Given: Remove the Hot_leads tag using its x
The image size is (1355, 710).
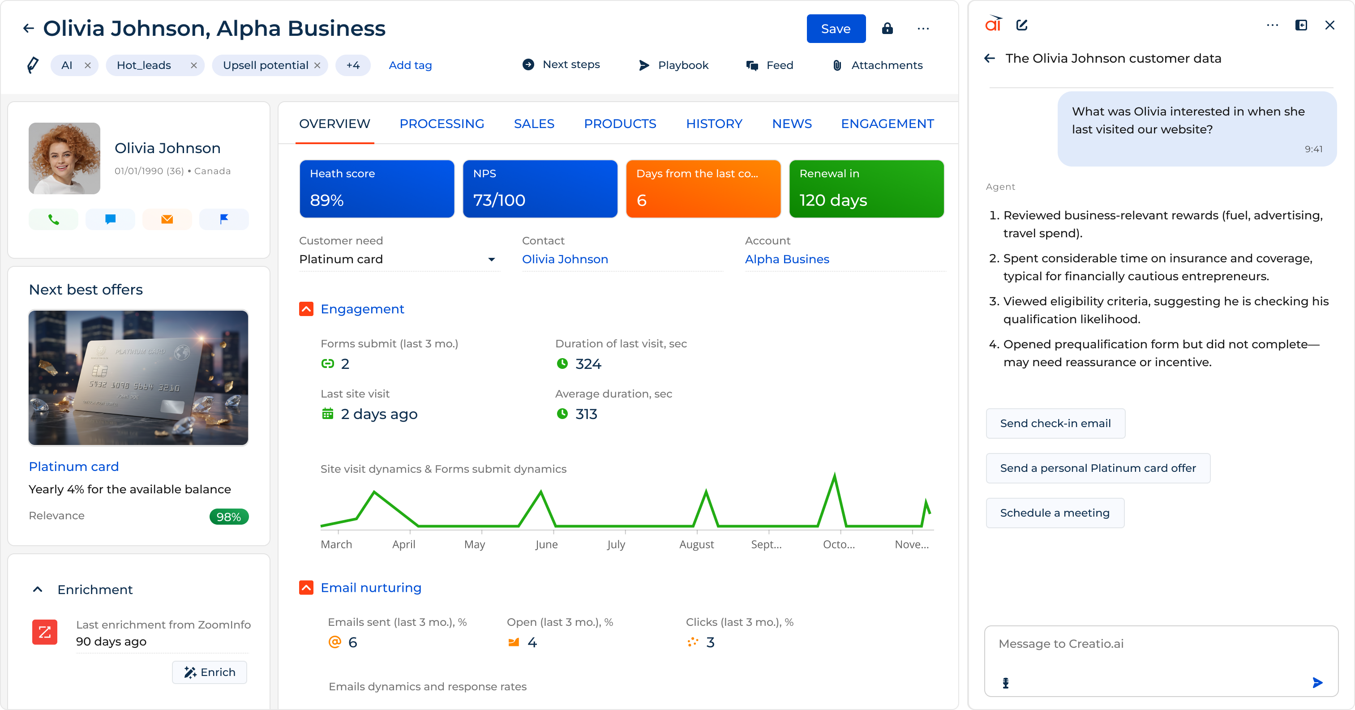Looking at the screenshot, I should coord(193,65).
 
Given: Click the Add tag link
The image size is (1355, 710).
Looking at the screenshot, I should coord(410,65).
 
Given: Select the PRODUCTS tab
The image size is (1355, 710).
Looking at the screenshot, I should coord(620,124).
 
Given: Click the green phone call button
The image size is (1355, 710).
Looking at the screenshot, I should coord(53,219).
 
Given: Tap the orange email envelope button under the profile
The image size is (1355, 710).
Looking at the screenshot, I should coord(167,219).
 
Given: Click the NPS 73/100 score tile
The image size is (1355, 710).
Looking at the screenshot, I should coord(540,188).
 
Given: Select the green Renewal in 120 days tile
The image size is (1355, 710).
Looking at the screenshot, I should coord(866,188).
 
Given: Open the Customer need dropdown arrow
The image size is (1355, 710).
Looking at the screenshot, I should coord(491,259).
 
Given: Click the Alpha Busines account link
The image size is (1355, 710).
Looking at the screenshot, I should coord(786,259).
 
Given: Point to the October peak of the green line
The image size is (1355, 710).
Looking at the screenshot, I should coord(834,475).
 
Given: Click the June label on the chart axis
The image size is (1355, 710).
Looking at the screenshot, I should coord(546,544).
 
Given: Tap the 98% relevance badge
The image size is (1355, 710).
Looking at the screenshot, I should coord(229,517).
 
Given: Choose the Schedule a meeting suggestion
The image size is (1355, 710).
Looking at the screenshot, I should coord(1054,513).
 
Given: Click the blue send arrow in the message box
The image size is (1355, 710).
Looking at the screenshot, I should coord(1317,683).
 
